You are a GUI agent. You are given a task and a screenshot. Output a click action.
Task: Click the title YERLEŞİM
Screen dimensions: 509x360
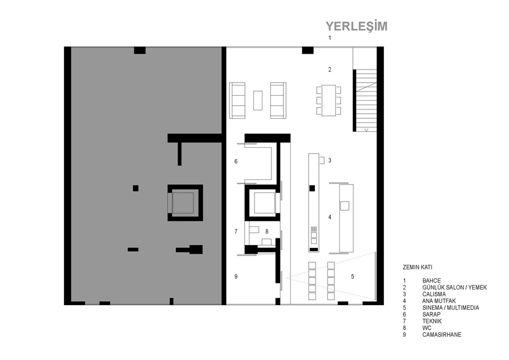coord(356,26)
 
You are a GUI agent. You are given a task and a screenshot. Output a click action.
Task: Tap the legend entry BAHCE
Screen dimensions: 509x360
coord(432,281)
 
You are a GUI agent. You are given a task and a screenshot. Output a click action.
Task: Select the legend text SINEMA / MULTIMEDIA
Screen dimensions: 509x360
coord(451,308)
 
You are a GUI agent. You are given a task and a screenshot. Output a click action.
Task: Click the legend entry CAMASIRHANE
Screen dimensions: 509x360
coord(442,335)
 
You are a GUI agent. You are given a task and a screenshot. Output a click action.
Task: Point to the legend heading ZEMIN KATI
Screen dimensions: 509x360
coord(417,267)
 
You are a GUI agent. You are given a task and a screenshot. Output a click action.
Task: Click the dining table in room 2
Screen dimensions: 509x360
coord(329,100)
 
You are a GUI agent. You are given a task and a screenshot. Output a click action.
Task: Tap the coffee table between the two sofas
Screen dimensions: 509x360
coord(258,100)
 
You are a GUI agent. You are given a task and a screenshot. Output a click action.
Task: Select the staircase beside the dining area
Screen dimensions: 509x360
coord(366,100)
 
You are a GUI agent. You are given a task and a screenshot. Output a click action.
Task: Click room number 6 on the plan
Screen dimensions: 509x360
coord(236,161)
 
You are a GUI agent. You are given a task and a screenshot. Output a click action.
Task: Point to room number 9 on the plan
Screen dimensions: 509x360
coord(236,276)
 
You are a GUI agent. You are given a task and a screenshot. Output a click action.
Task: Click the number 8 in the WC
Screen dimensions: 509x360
coord(267,232)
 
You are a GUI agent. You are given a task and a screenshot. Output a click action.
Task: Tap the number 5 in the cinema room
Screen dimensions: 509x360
coord(352,276)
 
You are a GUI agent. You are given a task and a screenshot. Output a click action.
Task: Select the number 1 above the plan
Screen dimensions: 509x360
coord(330,38)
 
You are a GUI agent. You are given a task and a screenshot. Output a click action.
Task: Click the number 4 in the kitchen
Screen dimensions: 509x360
coord(330,217)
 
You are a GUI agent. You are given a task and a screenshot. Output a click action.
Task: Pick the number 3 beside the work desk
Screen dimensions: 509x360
coord(330,160)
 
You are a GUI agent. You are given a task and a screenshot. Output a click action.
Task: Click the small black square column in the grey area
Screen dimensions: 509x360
coord(136,188)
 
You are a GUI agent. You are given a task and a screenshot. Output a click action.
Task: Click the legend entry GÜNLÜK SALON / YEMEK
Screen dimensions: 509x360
coord(455,288)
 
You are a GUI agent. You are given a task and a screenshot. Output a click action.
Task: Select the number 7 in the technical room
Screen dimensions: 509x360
coord(236,232)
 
